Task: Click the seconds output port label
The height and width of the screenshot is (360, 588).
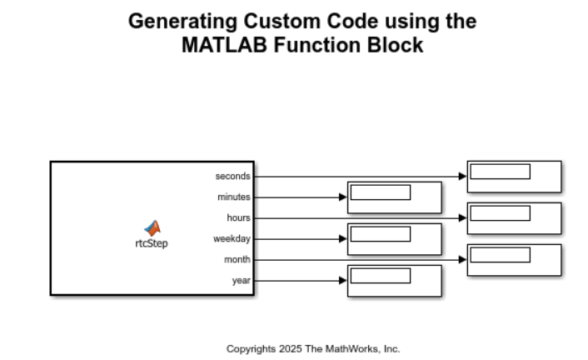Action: (x=232, y=176)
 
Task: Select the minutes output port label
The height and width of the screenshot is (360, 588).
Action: (x=233, y=197)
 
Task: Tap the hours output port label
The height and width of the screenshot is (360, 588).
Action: (x=238, y=217)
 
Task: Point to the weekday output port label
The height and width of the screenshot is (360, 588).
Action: (x=232, y=238)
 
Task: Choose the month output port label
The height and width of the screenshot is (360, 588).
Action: (x=237, y=259)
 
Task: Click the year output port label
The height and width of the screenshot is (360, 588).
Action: (x=241, y=280)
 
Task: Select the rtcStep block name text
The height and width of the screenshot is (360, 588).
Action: (x=152, y=244)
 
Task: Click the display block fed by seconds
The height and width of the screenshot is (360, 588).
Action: (x=514, y=177)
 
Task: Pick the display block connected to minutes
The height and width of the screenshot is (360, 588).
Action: (x=394, y=197)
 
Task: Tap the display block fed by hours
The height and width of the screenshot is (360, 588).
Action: (x=514, y=217)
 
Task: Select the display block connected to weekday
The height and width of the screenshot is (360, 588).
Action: (x=394, y=239)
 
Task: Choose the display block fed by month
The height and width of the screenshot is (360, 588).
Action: (x=514, y=260)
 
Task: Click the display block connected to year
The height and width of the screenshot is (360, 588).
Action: (x=394, y=281)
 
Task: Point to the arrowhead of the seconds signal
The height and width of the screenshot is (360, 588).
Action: (x=462, y=176)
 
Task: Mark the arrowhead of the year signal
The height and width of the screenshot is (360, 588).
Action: (x=342, y=280)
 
